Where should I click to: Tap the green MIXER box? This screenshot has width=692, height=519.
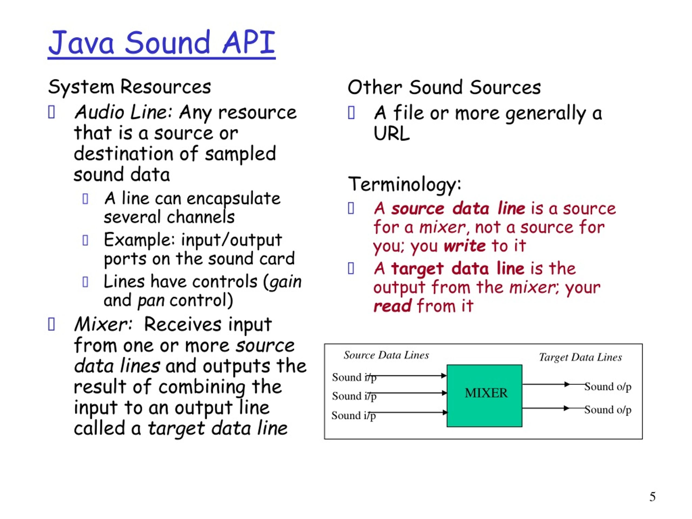coord(484,395)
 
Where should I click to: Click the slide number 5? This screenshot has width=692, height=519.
coord(652,497)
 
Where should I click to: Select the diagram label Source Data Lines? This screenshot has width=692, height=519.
coord(386,355)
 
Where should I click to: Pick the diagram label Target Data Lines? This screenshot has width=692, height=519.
coord(580,357)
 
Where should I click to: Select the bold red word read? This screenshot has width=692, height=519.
coord(392,306)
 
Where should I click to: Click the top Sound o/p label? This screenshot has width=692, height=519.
coord(608,387)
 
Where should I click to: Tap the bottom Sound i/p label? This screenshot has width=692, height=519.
coord(354,415)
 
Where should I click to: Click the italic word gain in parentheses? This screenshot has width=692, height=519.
coord(285,282)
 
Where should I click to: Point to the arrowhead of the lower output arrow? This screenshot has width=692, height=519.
coord(566,408)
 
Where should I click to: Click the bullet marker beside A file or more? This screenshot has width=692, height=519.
coord(351,113)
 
